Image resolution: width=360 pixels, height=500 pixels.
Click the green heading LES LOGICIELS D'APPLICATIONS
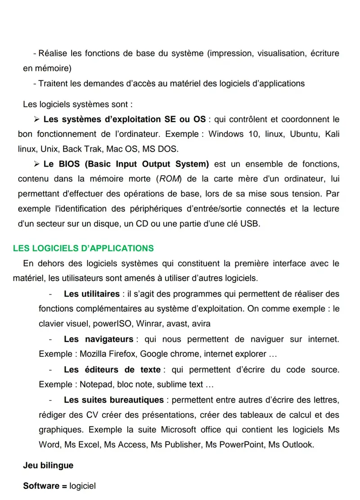[83, 248]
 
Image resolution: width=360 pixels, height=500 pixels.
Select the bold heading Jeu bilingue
[48, 465]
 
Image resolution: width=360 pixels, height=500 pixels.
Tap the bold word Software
[41, 486]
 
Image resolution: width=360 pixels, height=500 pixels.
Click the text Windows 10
[230, 134]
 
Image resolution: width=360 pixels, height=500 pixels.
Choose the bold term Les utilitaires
[92, 294]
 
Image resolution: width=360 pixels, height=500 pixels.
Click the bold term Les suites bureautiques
[114, 400]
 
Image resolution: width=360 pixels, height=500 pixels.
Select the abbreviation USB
[250, 223]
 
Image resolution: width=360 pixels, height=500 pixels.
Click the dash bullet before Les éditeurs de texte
[50, 370]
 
